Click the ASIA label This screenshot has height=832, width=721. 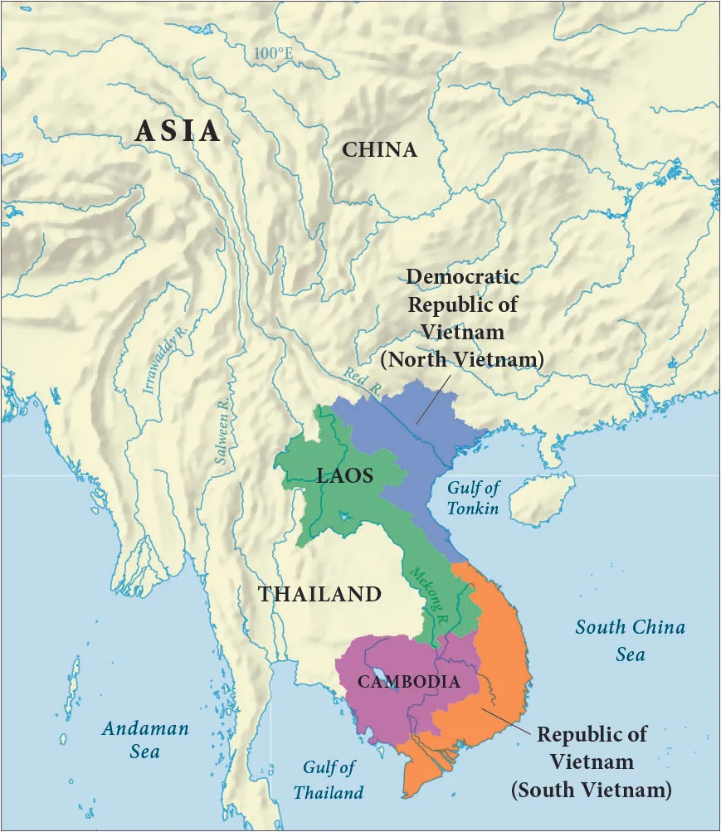pyautogui.click(x=178, y=131)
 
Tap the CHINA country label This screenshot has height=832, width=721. pyautogui.click(x=379, y=150)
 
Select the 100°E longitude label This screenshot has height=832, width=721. pyautogui.click(x=274, y=54)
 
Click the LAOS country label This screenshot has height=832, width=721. pyautogui.click(x=345, y=476)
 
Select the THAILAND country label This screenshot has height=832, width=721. pyautogui.click(x=319, y=595)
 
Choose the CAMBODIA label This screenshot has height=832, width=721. pyautogui.click(x=408, y=682)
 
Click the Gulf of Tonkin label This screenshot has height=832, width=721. pyautogui.click(x=474, y=498)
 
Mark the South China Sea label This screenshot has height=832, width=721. pyautogui.click(x=631, y=640)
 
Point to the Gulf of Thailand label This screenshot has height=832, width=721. pyautogui.click(x=329, y=780)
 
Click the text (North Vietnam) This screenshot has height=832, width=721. pyautogui.click(x=462, y=360)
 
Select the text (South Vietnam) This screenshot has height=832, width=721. pyautogui.click(x=591, y=789)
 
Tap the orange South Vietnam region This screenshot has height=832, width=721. pyautogui.click(x=498, y=647)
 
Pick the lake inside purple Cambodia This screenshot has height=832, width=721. pyautogui.click(x=380, y=674)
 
